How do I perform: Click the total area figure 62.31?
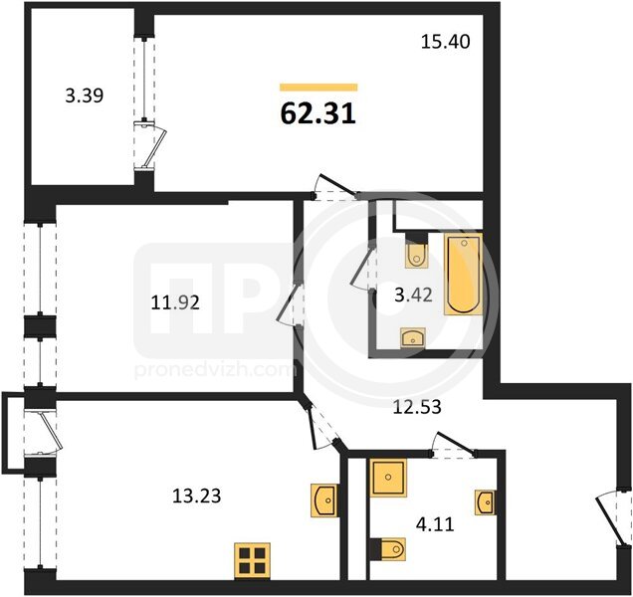click(x=318, y=113)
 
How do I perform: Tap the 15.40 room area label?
click(x=445, y=42)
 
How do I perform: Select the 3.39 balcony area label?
click(x=85, y=96)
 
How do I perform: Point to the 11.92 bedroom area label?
click(x=175, y=302)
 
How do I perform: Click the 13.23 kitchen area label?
click(x=197, y=496)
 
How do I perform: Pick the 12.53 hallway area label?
click(x=417, y=407)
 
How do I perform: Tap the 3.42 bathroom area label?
click(x=413, y=296)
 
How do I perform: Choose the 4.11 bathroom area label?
click(x=435, y=524)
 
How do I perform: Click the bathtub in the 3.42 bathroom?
click(x=464, y=274)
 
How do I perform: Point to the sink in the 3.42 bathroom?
click(x=413, y=338)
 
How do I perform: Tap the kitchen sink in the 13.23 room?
click(x=323, y=499)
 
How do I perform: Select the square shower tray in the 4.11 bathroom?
click(x=388, y=478)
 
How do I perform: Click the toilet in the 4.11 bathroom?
click(x=388, y=549)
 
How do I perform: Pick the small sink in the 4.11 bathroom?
click(x=486, y=502)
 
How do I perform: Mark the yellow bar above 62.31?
click(x=318, y=88)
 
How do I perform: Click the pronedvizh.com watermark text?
click(x=214, y=371)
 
